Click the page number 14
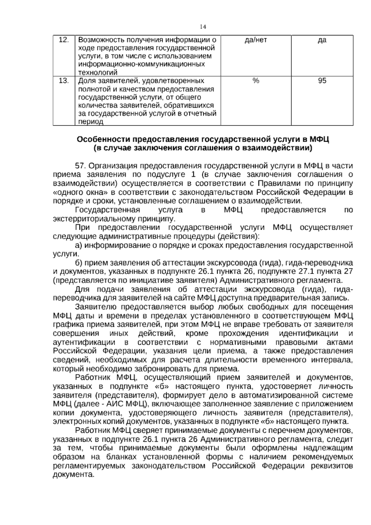[203, 27]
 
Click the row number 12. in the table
[63, 40]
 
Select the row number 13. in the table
[63, 81]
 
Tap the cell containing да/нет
[255, 40]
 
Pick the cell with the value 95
[322, 81]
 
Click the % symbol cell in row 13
[255, 81]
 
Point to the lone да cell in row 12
[322, 40]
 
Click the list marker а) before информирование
[79, 245]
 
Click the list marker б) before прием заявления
[79, 263]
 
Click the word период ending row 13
[90, 122]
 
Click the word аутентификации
[84, 343]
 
